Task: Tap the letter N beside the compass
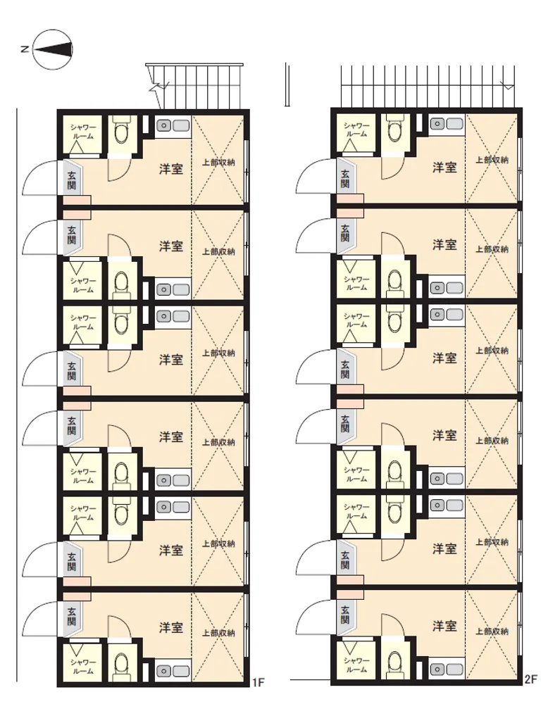tap(25, 49)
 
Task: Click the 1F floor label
tap(258, 683)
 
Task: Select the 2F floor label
tap(531, 679)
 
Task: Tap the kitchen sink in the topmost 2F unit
tap(447, 124)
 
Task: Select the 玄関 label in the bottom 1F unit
tap(71, 616)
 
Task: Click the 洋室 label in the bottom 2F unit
tap(444, 625)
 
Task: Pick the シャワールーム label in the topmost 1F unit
tap(83, 132)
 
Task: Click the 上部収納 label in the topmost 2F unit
tap(492, 160)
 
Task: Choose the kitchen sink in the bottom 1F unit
tap(173, 671)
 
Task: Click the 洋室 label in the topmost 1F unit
tap(171, 169)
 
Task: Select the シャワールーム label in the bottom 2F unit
tap(356, 665)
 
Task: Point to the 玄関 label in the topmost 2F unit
tap(345, 179)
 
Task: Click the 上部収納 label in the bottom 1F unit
tap(218, 633)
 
